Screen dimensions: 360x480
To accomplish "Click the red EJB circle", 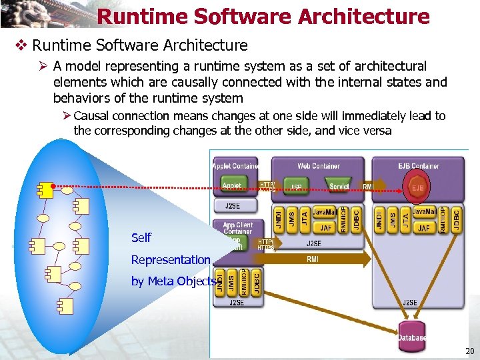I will [x=418, y=187].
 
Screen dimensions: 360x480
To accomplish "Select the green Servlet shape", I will [x=339, y=185].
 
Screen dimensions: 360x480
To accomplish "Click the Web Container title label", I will [x=318, y=165].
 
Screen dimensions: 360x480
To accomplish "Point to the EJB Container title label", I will [x=419, y=165].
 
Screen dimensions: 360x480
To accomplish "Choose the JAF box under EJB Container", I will [x=423, y=228].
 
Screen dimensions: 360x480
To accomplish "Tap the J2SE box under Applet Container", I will [x=233, y=205].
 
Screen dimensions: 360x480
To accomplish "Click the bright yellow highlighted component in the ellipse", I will [x=45, y=190].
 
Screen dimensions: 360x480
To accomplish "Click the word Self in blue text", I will [x=141, y=237].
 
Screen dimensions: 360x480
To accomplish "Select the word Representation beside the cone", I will [x=171, y=259].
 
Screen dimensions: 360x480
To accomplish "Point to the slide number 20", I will [x=469, y=351].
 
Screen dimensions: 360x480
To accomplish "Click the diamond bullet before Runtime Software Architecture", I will [x=20, y=46].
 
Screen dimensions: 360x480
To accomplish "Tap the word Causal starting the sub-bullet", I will [x=93, y=116].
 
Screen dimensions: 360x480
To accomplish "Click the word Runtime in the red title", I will [x=133, y=17].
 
